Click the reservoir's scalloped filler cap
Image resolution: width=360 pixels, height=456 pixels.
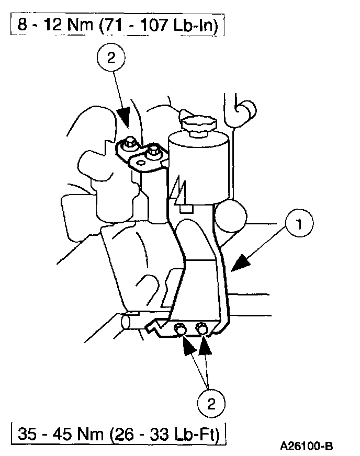[x=197, y=126]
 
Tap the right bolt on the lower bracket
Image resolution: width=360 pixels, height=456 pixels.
[x=201, y=328]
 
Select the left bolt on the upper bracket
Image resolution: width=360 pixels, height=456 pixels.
[x=130, y=143]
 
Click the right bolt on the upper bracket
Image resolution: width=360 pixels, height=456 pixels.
[x=152, y=152]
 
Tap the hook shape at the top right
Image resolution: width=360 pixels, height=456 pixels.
[x=244, y=110]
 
